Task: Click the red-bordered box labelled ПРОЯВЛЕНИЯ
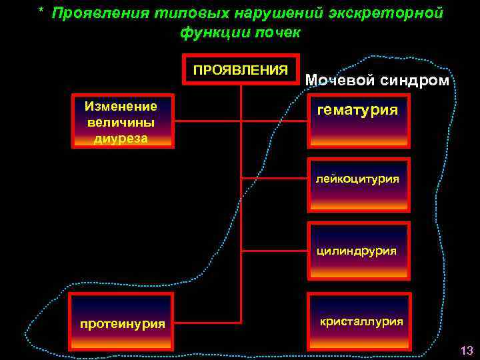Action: [x=241, y=69]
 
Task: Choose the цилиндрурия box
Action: [x=358, y=251]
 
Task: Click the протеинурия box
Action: [x=122, y=322]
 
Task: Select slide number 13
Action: [x=466, y=350]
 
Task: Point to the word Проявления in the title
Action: [x=95, y=14]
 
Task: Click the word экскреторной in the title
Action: [x=385, y=14]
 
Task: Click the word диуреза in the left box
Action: [x=121, y=138]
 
